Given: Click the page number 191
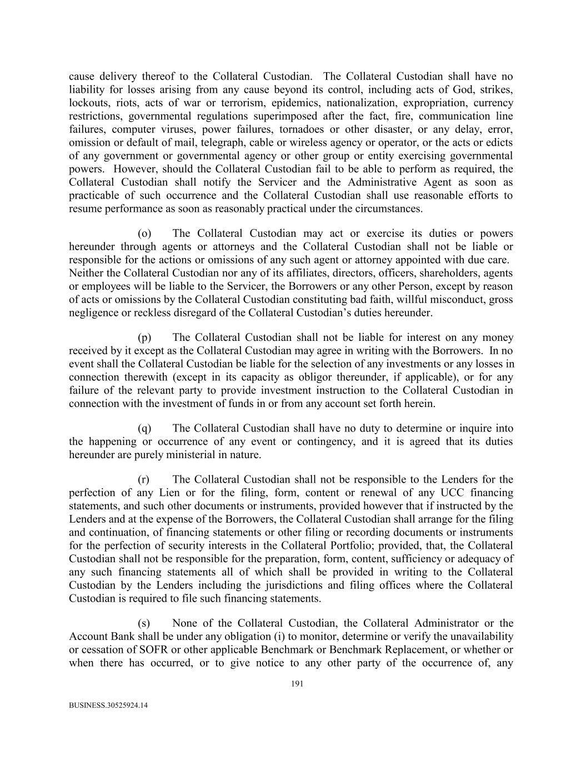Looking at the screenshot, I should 297,684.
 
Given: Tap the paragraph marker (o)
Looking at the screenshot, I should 144,234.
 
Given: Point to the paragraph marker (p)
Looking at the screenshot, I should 144,338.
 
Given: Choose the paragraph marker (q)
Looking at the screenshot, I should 144,428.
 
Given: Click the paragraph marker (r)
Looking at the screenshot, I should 144,479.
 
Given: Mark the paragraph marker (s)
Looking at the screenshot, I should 144,623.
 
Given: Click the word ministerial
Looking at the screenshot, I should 197,455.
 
